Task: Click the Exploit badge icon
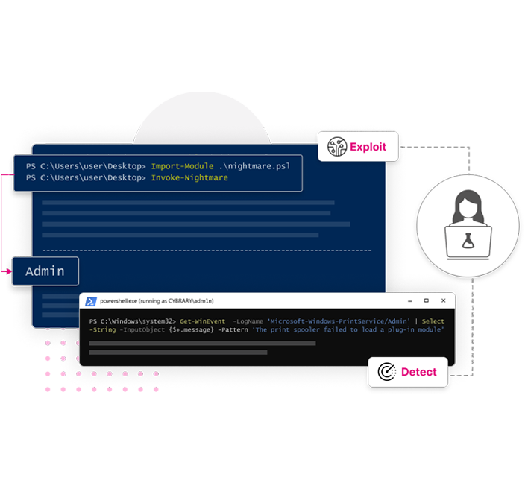point(338,147)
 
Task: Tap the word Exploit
point(368,147)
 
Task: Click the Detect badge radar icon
point(386,372)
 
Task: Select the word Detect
point(419,372)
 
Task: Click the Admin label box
point(45,271)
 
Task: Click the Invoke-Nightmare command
point(189,178)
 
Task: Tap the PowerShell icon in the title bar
point(90,301)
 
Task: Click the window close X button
point(444,301)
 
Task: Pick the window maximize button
point(426,301)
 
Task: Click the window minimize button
point(407,301)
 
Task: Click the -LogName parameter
point(248,321)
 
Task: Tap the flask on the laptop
point(468,241)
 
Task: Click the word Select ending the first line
point(433,321)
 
